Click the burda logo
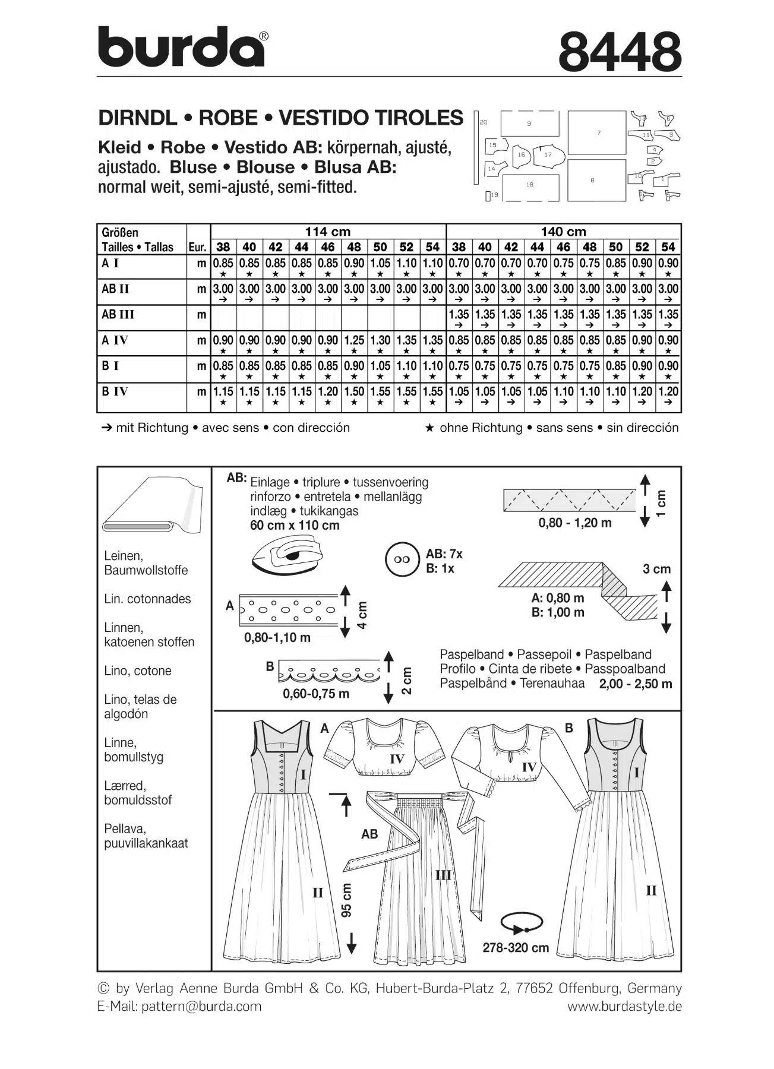tap(181, 48)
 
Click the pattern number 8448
tap(620, 52)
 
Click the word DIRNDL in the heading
tap(137, 118)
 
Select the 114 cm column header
tap(328, 232)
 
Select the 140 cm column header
tap(563, 232)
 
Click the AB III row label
tap(118, 315)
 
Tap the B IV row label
tap(115, 392)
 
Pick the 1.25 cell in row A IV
tap(354, 341)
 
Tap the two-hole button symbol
tap(403, 560)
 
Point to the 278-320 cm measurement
tap(516, 948)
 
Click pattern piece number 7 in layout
tap(597, 132)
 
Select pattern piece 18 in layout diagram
tap(530, 185)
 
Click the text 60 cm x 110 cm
tap(295, 526)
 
